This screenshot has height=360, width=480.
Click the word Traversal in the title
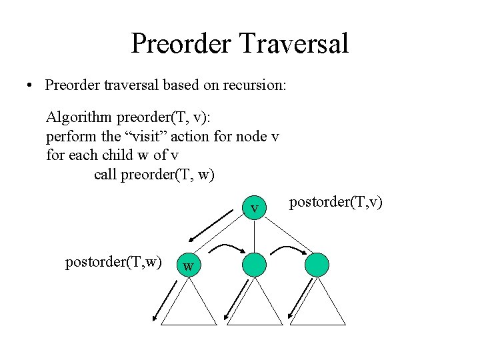[x=295, y=43]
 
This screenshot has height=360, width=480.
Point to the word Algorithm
[x=79, y=119]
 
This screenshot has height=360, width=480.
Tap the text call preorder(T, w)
[x=154, y=174]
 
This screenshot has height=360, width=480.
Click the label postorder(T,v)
[x=336, y=202]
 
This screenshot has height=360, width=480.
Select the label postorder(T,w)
[x=113, y=262]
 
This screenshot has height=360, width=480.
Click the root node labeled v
[x=254, y=208]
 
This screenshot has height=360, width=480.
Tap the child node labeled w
[x=189, y=265]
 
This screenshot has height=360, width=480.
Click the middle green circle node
[x=254, y=264]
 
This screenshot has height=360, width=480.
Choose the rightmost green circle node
[x=317, y=264]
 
